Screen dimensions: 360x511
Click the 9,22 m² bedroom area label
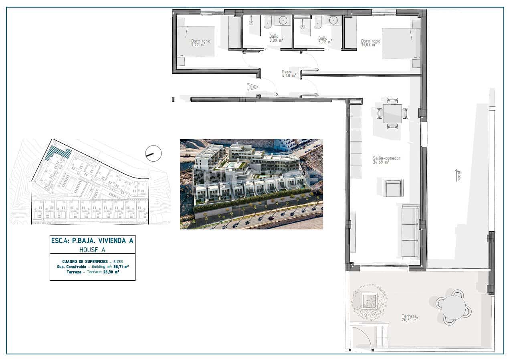click(x=201, y=43)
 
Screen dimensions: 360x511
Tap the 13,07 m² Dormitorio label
click(x=370, y=43)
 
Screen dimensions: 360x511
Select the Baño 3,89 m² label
click(x=276, y=38)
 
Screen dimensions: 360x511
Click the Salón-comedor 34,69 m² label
click(x=386, y=160)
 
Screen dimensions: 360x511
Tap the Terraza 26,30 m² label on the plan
click(x=410, y=318)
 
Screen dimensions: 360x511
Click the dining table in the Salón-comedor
click(x=392, y=113)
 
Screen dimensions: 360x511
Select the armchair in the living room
click(x=393, y=188)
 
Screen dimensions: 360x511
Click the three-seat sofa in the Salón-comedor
click(x=410, y=232)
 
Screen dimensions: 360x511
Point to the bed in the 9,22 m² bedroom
click(x=196, y=41)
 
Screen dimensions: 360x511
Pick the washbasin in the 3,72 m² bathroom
click(x=333, y=20)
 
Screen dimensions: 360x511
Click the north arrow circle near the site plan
click(x=153, y=153)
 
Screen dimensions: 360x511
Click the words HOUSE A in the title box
click(x=92, y=249)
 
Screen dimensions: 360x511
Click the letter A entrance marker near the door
click(x=252, y=86)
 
